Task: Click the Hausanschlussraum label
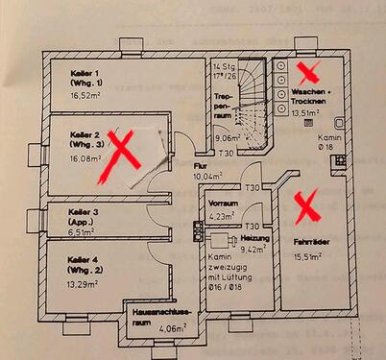click(x=157, y=318)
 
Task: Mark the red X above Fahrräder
click(x=307, y=204)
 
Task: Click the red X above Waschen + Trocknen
click(x=309, y=71)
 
